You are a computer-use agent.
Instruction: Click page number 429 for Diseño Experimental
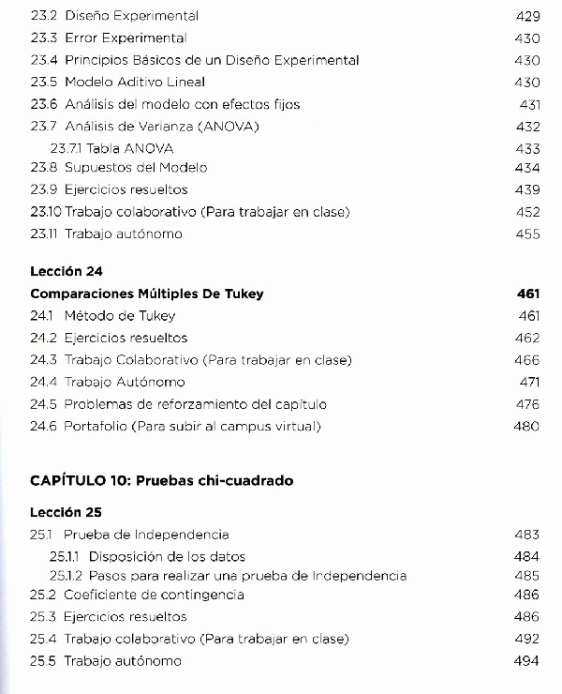527,16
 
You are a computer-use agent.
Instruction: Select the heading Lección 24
66,271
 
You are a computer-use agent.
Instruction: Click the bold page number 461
528,294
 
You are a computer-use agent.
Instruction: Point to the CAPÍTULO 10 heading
161,481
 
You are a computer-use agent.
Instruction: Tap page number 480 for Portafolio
527,426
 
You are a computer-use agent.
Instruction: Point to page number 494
527,661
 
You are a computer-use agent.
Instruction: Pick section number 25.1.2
67,576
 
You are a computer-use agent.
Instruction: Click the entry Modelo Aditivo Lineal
134,83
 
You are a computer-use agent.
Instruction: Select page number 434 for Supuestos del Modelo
527,168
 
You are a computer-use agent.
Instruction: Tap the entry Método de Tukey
119,316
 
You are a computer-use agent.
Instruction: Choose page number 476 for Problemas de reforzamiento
527,404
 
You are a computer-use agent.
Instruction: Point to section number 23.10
46,212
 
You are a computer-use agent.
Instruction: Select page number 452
527,212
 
